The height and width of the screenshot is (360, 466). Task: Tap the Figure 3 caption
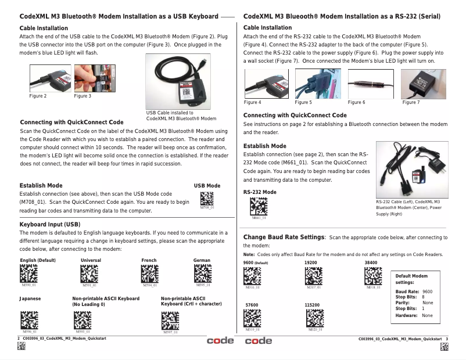pyautogui.click(x=83, y=96)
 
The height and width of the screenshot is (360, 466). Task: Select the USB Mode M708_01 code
pyautogui.click(x=206, y=198)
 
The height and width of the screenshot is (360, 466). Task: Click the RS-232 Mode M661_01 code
pyautogui.click(x=259, y=207)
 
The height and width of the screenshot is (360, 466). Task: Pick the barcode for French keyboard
pyautogui.click(x=150, y=274)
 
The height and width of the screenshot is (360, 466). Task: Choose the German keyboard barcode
pyautogui.click(x=202, y=274)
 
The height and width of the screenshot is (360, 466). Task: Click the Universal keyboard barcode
pyautogui.click(x=89, y=274)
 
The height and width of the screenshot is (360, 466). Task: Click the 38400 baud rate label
pyautogui.click(x=371, y=263)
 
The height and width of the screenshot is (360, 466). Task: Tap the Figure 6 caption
pyautogui.click(x=356, y=103)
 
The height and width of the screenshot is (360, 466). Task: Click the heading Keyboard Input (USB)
pyautogui.click(x=50, y=224)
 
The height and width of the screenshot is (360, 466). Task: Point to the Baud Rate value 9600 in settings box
pyautogui.click(x=428, y=291)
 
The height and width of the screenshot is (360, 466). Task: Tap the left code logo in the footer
pyautogui.click(x=220, y=340)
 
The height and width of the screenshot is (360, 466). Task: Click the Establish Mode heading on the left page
pyautogui.click(x=41, y=185)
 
